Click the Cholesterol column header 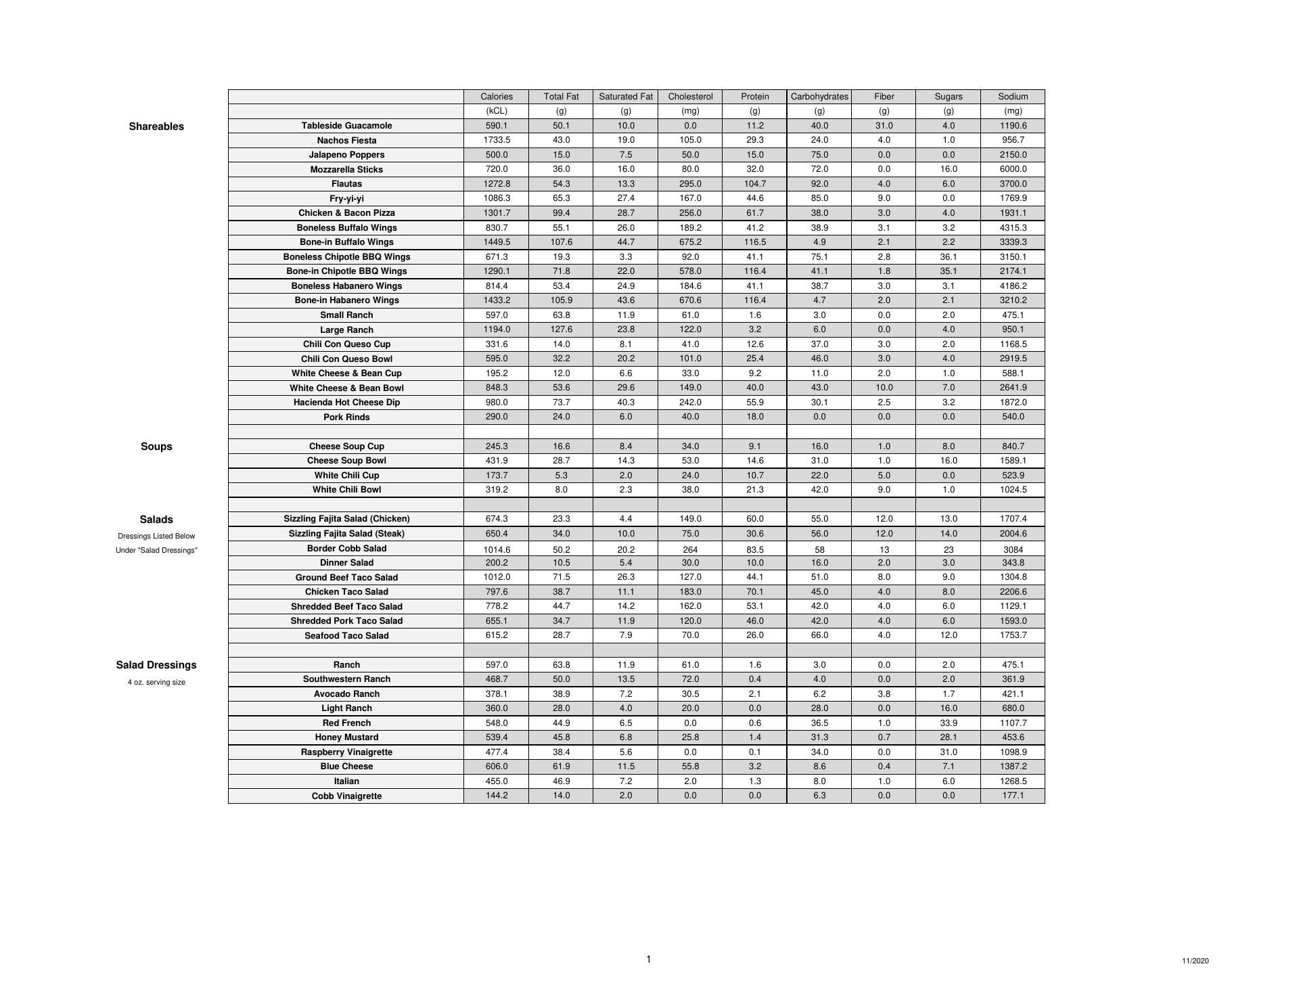pyautogui.click(x=690, y=97)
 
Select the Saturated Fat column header pyautogui.click(x=626, y=97)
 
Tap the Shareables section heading pyautogui.click(x=156, y=127)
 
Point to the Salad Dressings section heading pyautogui.click(x=156, y=665)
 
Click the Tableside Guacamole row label pyautogui.click(x=346, y=126)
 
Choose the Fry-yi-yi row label pyautogui.click(x=346, y=199)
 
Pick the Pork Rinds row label pyautogui.click(x=346, y=417)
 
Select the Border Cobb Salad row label pyautogui.click(x=346, y=549)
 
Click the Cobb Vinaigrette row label pyautogui.click(x=346, y=796)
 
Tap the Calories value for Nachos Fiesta pyautogui.click(x=497, y=140)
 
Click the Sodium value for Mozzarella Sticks pyautogui.click(x=1013, y=169)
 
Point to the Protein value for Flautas pyautogui.click(x=754, y=184)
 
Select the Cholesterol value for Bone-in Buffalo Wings pyautogui.click(x=690, y=242)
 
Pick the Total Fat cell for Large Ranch pyautogui.click(x=561, y=329)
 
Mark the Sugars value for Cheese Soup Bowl pyautogui.click(x=949, y=461)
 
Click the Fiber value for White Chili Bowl pyautogui.click(x=884, y=490)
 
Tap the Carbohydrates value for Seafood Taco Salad pyautogui.click(x=819, y=635)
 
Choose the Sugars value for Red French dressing pyautogui.click(x=949, y=723)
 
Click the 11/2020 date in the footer pyautogui.click(x=1195, y=961)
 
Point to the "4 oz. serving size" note pyautogui.click(x=156, y=683)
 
